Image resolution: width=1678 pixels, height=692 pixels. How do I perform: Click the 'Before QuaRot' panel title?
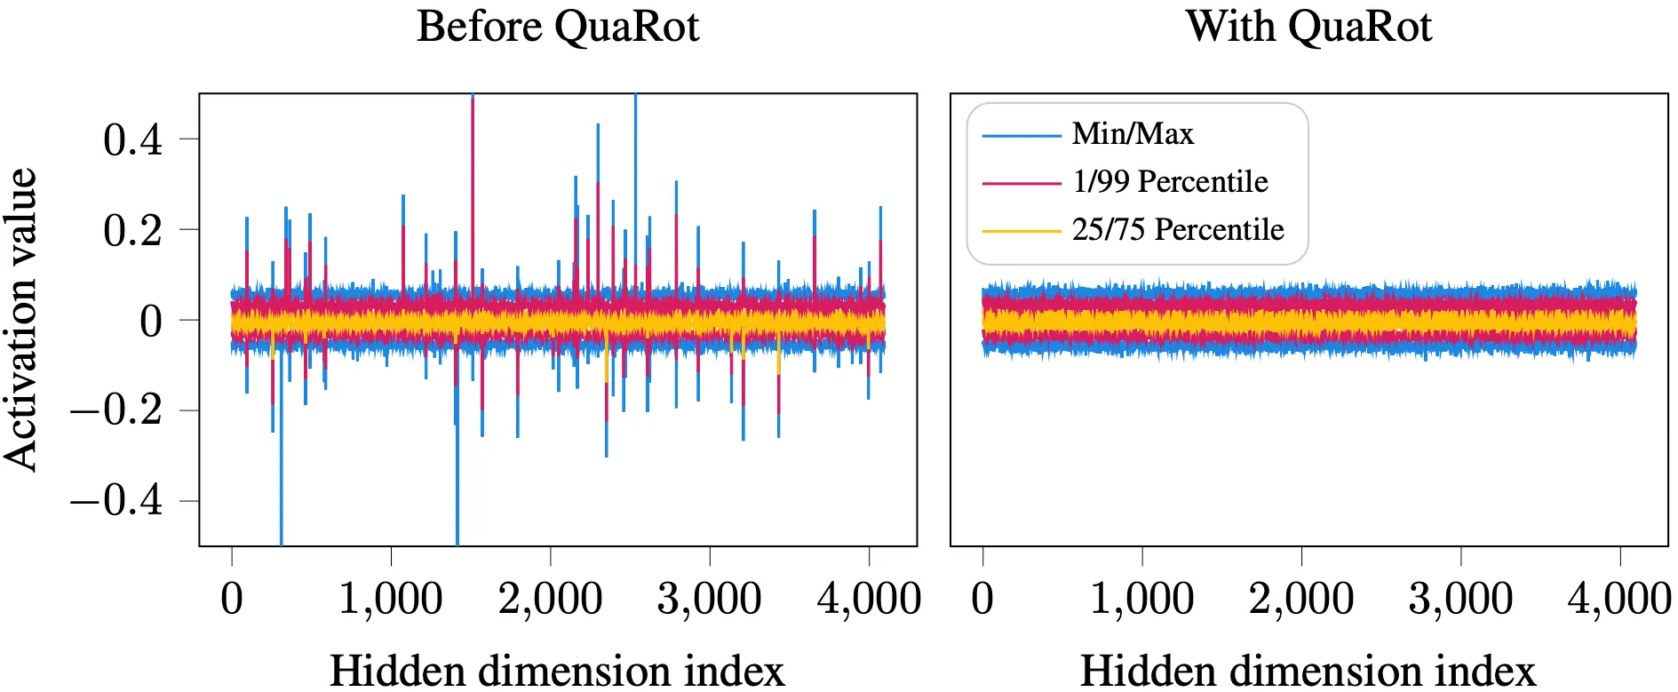pos(558,27)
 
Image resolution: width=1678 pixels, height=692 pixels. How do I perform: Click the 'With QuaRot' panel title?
pos(1308,27)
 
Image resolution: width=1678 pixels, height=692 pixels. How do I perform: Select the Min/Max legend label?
pos(1133,134)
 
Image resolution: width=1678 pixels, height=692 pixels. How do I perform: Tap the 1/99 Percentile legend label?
pos(1170,182)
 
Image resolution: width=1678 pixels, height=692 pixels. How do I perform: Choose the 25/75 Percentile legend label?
pos(1178,230)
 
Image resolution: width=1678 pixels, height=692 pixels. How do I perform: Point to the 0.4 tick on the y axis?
pos(133,139)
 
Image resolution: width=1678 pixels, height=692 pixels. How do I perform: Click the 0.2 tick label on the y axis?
pos(133,230)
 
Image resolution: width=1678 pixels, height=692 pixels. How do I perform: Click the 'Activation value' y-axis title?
pos(20,319)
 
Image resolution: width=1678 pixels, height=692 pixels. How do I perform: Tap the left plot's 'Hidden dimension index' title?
pos(557,670)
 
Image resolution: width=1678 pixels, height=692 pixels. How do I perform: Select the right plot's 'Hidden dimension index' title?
pos(1308,670)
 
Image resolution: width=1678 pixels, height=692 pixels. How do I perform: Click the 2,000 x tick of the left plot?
pos(550,599)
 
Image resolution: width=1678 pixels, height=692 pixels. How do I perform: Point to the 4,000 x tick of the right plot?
pos(1619,599)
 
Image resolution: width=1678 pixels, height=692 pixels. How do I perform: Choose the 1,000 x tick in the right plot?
pos(1141,599)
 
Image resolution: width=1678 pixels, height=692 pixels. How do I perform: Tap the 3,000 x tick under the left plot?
pos(709,599)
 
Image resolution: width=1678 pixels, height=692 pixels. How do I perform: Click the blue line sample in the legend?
pos(1022,136)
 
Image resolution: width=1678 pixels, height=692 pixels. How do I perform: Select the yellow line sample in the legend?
pos(1022,231)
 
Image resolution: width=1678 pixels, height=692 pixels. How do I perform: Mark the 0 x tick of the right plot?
pos(982,599)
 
